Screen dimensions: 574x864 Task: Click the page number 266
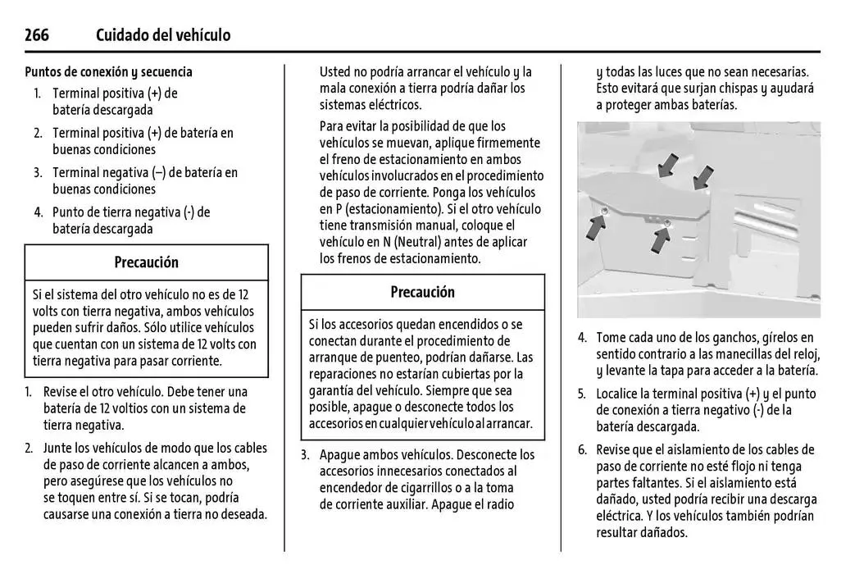tap(37, 34)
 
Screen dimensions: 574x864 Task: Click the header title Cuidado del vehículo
tap(163, 34)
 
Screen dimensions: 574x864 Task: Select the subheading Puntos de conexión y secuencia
tap(108, 72)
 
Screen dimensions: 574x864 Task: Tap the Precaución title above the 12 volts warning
tap(146, 262)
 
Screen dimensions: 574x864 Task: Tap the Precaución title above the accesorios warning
tap(422, 292)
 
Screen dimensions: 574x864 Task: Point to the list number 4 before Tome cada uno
tap(582, 338)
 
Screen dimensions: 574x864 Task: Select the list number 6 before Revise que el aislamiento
tap(582, 450)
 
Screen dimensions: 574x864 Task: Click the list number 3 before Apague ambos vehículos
tap(305, 454)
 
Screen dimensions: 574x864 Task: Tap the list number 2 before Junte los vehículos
tap(28, 448)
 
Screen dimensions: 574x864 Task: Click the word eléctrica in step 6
tap(621, 516)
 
